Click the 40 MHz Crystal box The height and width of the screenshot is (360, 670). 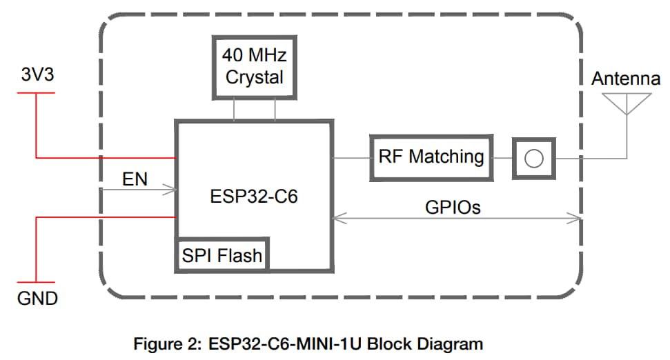[254, 66]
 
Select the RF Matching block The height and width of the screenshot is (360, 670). [431, 157]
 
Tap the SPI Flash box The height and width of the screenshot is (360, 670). [221, 255]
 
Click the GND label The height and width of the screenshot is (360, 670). [37, 299]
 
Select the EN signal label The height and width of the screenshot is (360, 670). [135, 179]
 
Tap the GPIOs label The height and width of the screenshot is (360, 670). [453, 207]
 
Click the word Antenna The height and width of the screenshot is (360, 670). [626, 79]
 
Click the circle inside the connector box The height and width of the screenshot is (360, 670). [533, 158]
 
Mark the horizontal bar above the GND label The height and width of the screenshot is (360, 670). [36, 282]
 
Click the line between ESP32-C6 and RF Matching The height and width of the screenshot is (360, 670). [352, 158]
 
